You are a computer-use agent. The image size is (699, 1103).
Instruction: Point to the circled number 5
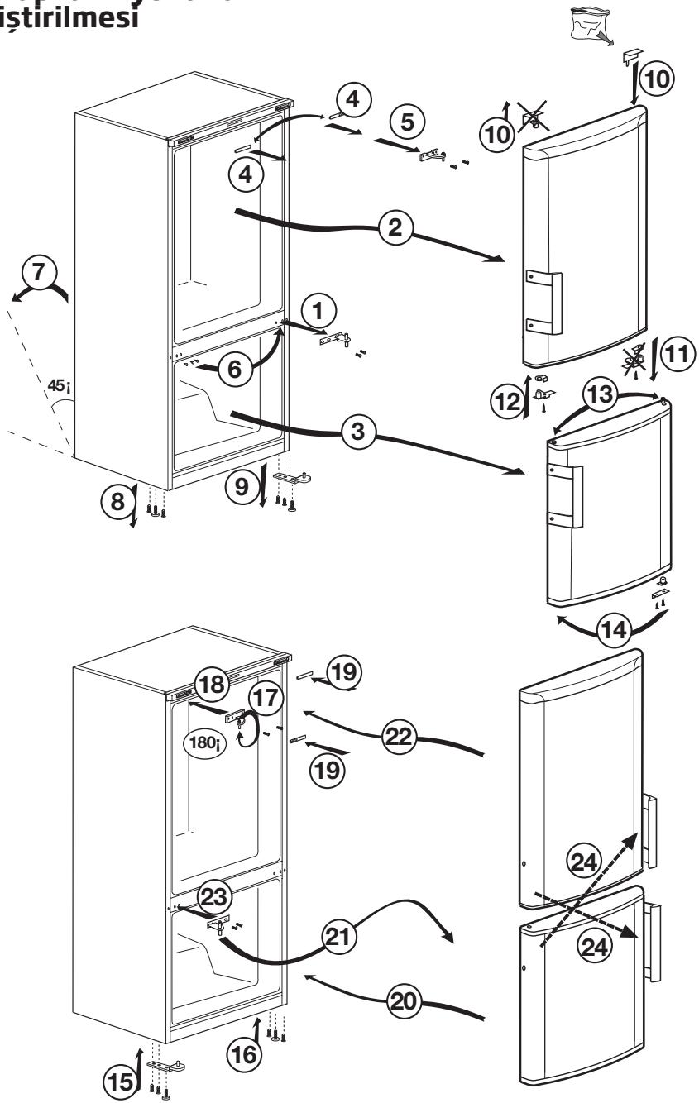point(409,122)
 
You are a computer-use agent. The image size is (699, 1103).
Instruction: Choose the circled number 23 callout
point(213,896)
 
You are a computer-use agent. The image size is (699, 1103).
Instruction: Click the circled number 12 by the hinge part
point(510,402)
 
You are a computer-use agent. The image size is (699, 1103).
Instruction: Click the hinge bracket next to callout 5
point(435,155)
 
